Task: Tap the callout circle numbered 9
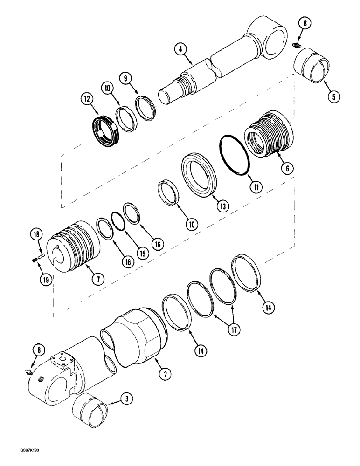tap(125, 78)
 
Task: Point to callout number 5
tap(333, 96)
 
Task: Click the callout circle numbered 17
tap(233, 329)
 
